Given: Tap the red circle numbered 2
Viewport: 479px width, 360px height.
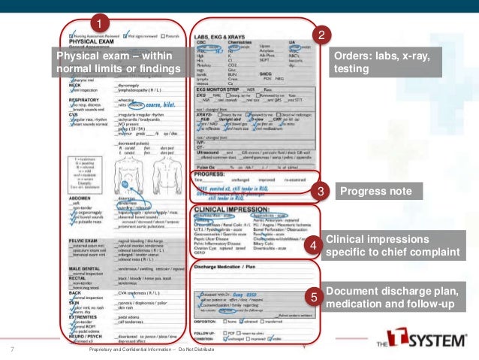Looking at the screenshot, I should click(x=321, y=35).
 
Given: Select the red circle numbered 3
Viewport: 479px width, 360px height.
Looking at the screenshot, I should click(x=321, y=192).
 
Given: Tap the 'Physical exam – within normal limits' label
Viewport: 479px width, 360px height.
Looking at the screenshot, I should click(x=119, y=63).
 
